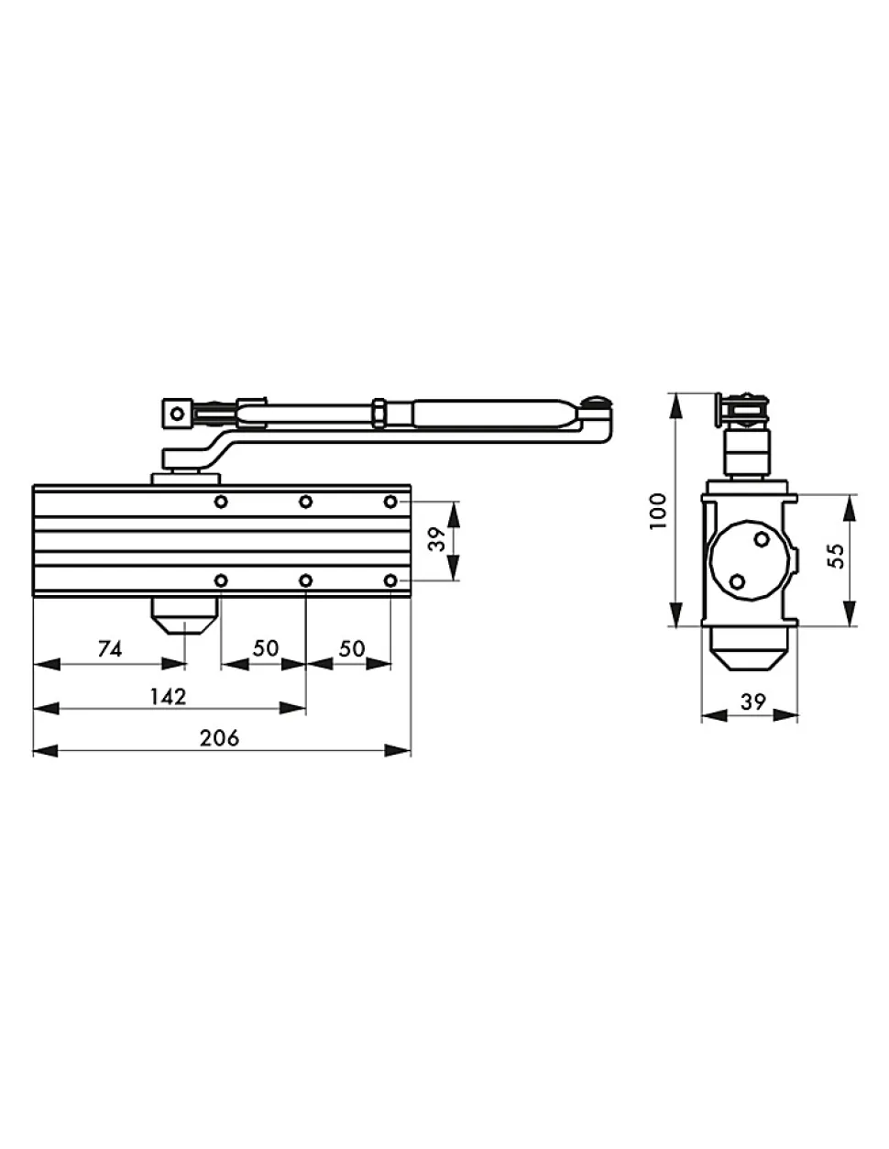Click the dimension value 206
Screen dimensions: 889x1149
[x=219, y=737]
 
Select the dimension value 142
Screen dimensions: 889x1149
[x=168, y=697]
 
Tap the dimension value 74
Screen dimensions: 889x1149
[x=110, y=649]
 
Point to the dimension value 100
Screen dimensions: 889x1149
[x=658, y=510]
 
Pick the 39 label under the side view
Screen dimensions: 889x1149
[x=752, y=702]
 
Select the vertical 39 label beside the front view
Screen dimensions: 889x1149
[x=437, y=539]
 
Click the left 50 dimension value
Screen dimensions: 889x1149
[x=265, y=648]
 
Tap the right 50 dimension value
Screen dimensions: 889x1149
[x=352, y=648]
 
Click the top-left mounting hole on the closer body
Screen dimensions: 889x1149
[x=221, y=502]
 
